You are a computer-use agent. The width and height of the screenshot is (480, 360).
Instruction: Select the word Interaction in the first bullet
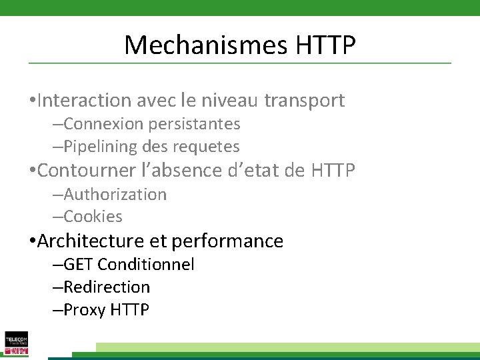click(x=85, y=101)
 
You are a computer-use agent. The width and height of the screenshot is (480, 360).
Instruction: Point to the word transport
click(x=305, y=101)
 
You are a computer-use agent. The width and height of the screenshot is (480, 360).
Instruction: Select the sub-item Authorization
click(x=115, y=195)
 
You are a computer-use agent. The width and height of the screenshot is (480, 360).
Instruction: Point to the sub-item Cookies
click(x=93, y=217)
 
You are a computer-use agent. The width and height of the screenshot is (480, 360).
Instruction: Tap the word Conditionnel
click(x=146, y=265)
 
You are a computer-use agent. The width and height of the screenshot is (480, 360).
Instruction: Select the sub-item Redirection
click(x=107, y=287)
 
